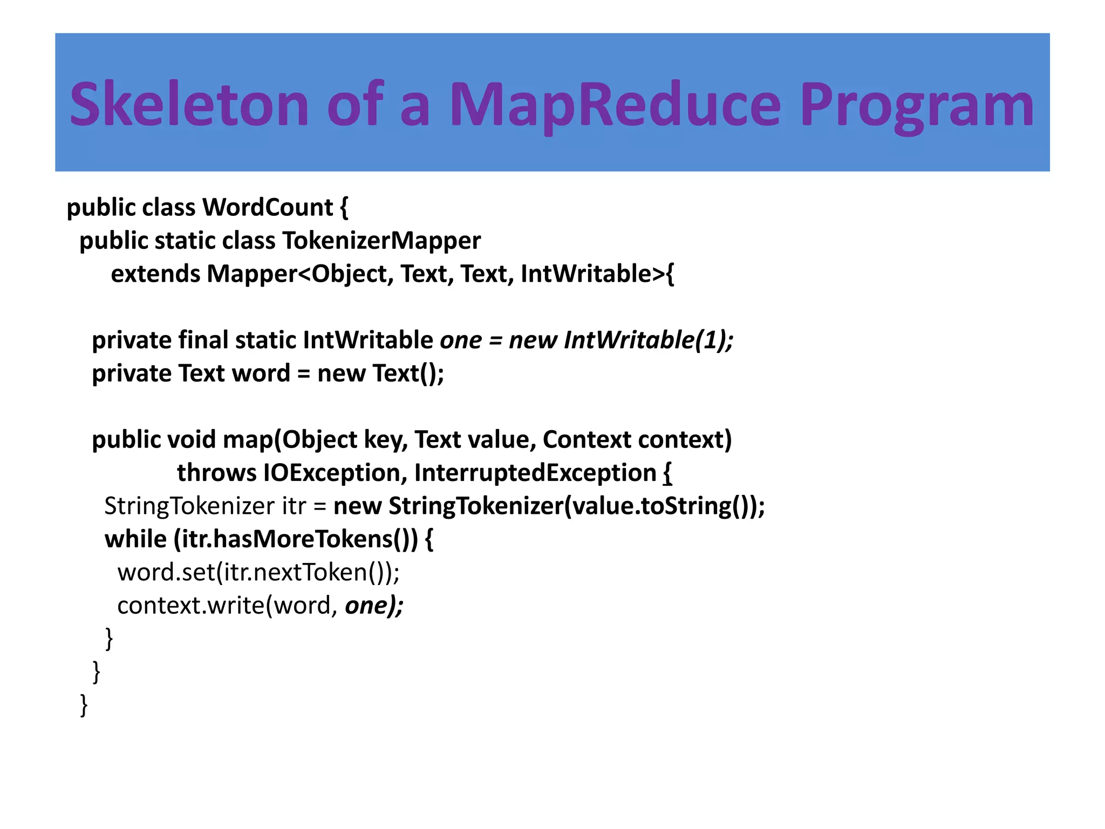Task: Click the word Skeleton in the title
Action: (x=189, y=104)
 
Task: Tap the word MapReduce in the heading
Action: (x=615, y=104)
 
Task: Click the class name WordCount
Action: (x=268, y=208)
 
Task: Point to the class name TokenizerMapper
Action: (x=381, y=241)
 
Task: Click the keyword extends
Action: (x=155, y=274)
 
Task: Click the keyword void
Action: (x=192, y=440)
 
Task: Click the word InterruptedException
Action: (x=535, y=473)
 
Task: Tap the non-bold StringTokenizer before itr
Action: (x=189, y=506)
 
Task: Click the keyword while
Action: (x=135, y=539)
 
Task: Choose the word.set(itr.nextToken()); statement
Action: (x=258, y=573)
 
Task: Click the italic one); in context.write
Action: (x=374, y=606)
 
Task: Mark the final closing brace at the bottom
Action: (x=84, y=705)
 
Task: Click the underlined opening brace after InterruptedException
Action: (x=667, y=473)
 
